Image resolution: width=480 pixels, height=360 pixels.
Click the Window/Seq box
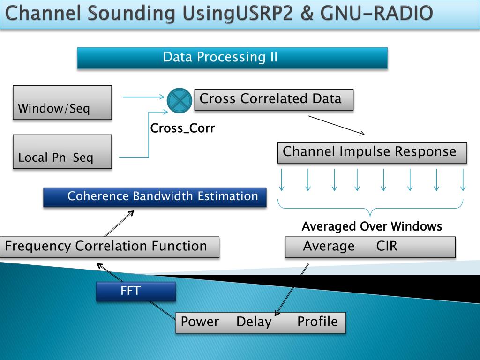tap(62, 102)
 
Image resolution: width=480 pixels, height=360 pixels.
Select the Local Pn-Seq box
tap(62, 151)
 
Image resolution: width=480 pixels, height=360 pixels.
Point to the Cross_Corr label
tap(182, 128)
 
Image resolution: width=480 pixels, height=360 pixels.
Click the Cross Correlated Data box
tap(274, 100)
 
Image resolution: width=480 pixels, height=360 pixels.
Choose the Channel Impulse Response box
tap(372, 152)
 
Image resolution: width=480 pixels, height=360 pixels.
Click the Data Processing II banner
tap(232, 58)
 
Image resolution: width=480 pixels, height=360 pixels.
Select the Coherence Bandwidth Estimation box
tap(155, 197)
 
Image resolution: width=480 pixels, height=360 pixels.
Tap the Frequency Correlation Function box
tap(110, 247)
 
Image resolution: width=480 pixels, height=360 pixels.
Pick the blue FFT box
tap(136, 291)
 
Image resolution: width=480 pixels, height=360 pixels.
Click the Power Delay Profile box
tap(261, 322)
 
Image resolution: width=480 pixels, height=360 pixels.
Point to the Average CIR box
tap(370, 247)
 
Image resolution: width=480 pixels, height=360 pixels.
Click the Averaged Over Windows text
tap(372, 227)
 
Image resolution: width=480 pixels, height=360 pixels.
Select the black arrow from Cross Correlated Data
tap(336, 125)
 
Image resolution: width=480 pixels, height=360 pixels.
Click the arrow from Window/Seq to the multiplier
tap(143, 97)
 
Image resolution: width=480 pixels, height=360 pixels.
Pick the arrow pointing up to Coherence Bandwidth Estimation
tap(119, 224)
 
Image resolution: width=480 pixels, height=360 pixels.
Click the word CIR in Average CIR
tap(387, 247)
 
